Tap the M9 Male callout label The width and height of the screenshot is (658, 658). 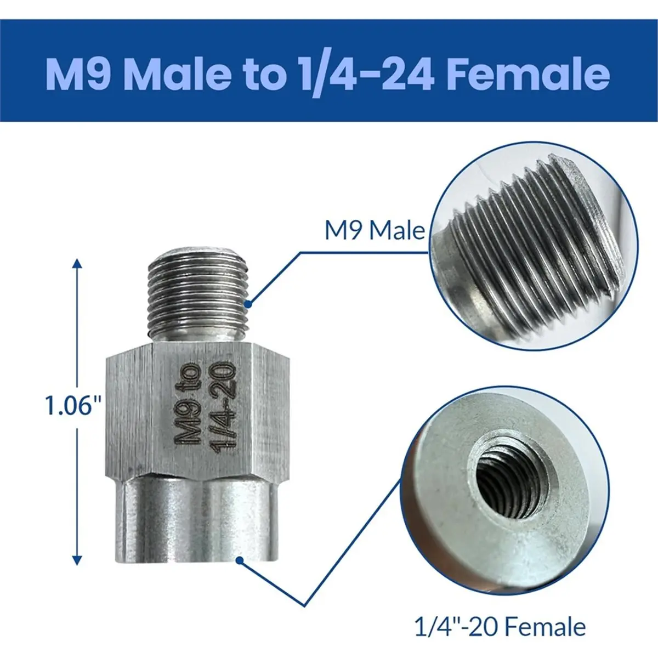click(x=375, y=231)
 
